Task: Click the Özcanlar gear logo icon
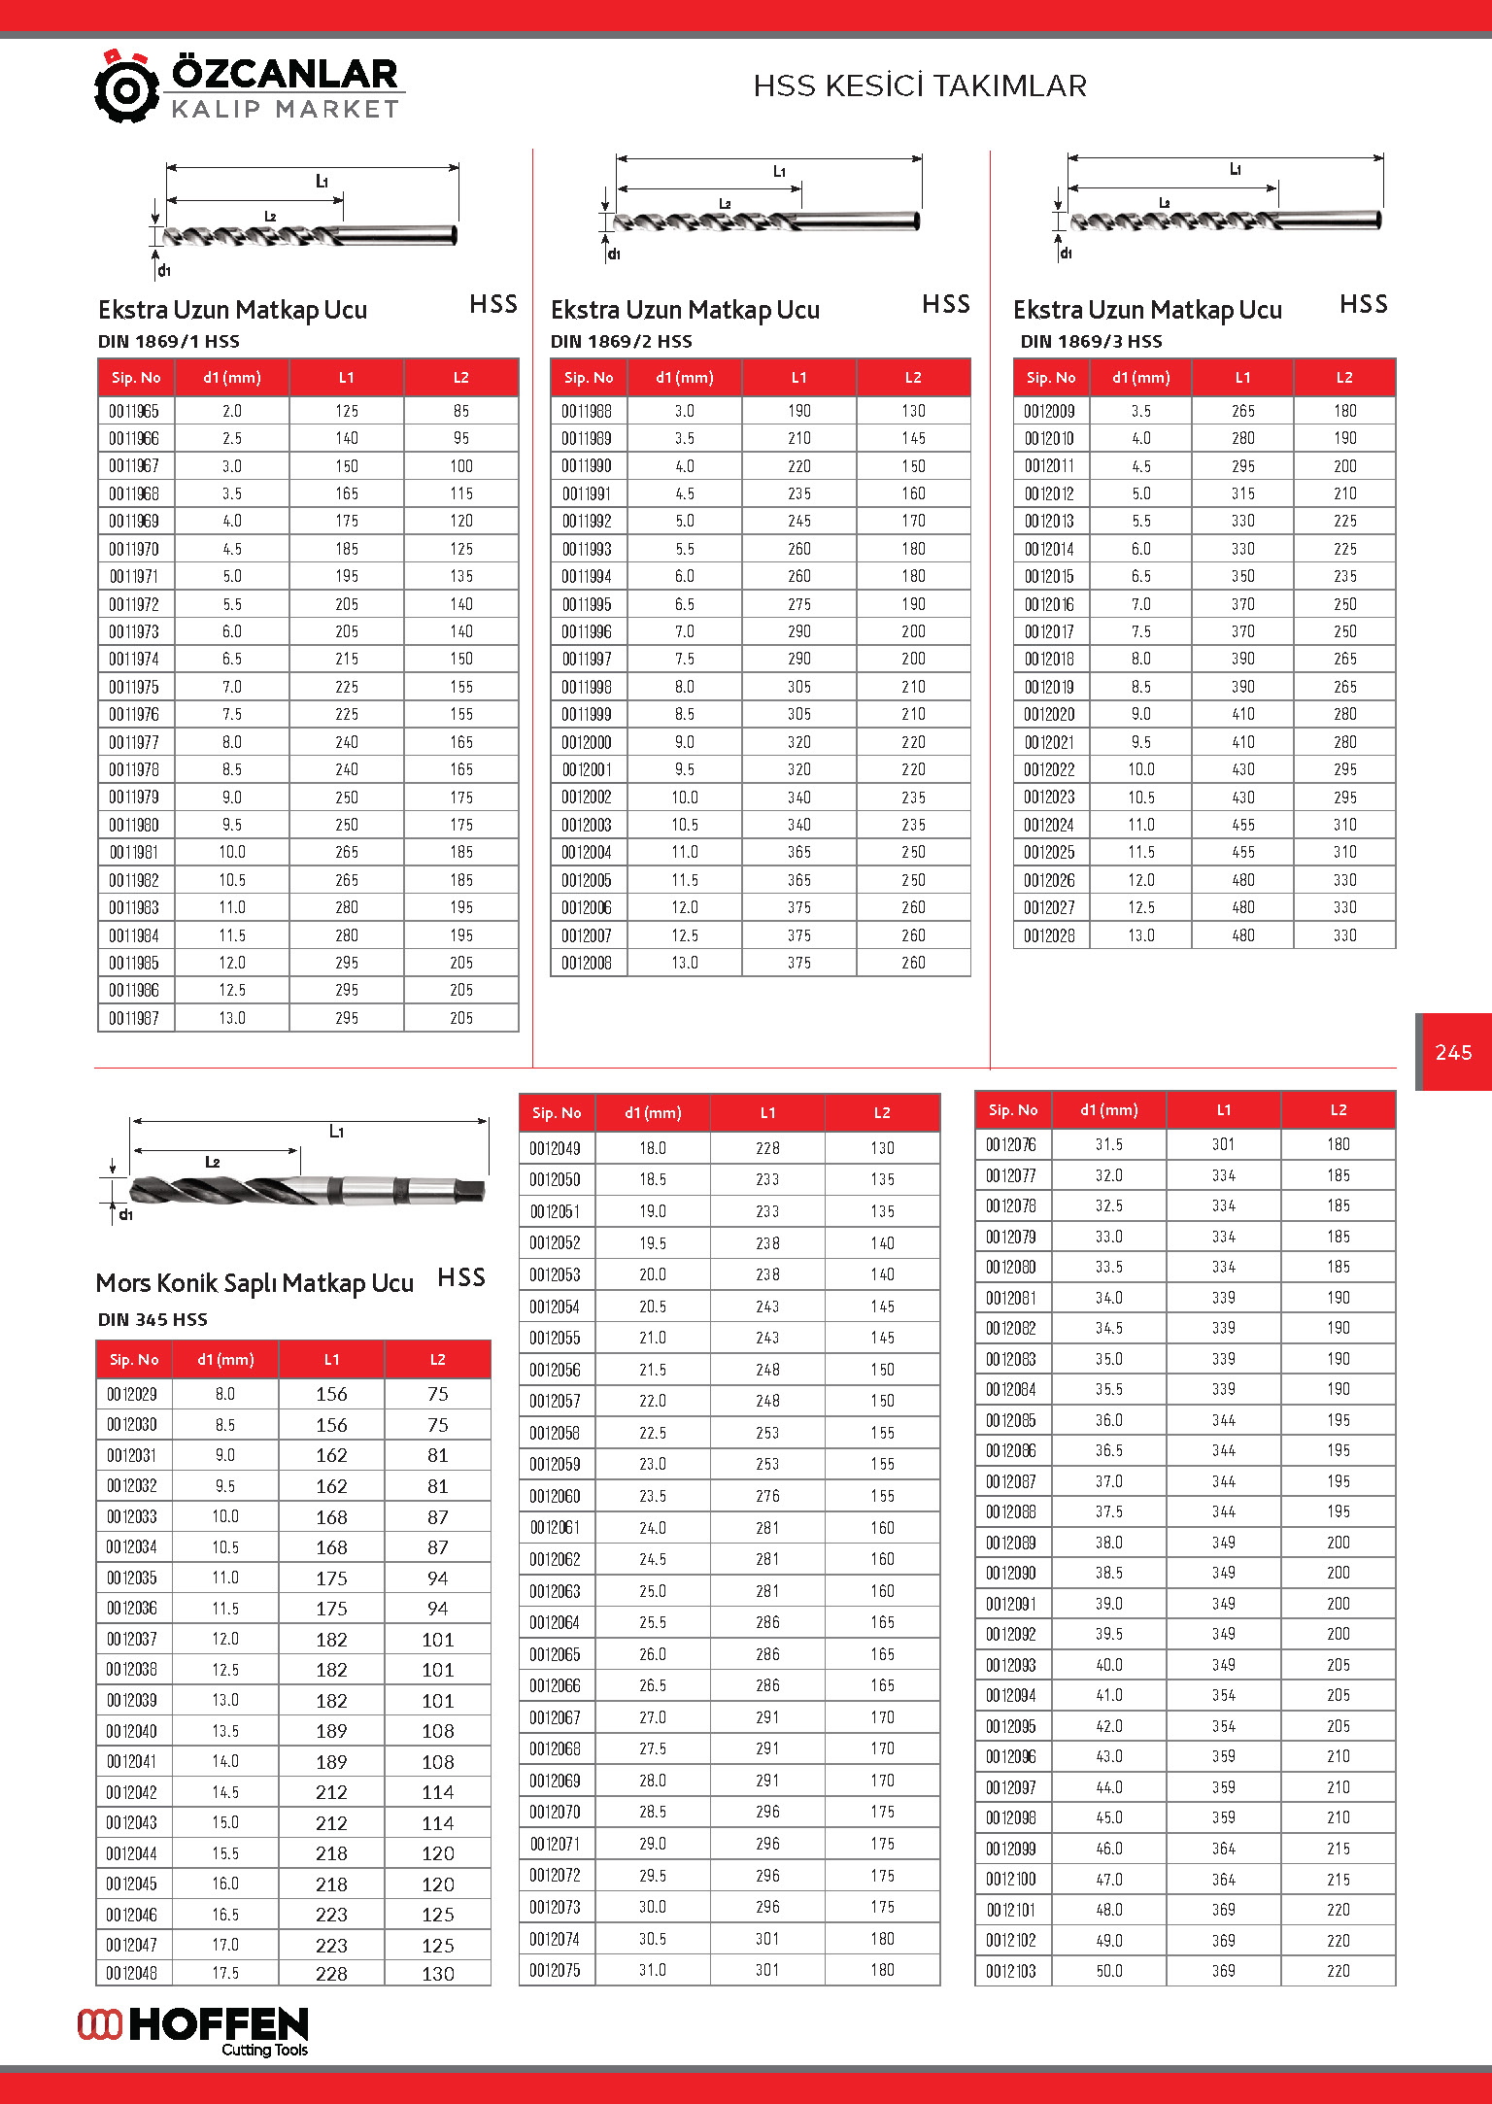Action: pos(126,87)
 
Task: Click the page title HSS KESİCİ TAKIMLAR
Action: pos(920,86)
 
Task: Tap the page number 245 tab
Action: pos(1453,1052)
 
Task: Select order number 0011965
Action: pos(134,411)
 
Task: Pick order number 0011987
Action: pos(134,1018)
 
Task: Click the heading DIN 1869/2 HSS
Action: pos(622,341)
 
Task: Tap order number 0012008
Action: pos(587,963)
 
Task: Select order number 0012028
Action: pos(1049,935)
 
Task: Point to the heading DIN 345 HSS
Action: pos(153,1319)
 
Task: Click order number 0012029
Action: pos(132,1394)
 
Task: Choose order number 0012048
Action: pos(132,1973)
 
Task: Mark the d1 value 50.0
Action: pos(1109,1971)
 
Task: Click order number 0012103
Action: pos(1011,1971)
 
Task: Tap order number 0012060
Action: pos(555,1496)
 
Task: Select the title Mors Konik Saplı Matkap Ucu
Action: pos(254,1283)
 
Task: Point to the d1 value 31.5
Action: pos(1109,1144)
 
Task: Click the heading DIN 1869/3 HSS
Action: pos(1091,341)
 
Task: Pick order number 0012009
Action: pos(1049,411)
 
